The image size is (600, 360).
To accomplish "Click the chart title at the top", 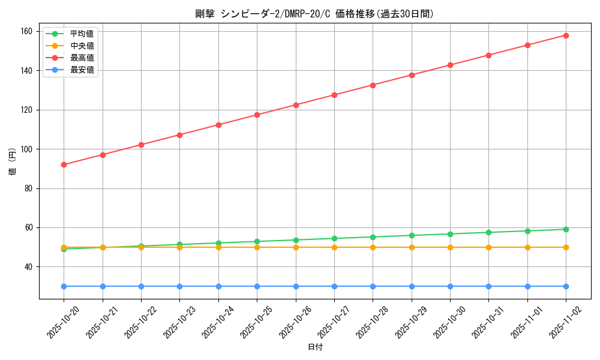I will (314, 14).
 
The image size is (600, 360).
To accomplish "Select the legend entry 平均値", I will (82, 34).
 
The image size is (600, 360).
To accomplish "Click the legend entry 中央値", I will (82, 46).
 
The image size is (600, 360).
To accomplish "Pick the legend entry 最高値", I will (82, 58).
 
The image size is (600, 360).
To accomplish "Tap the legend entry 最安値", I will (82, 70).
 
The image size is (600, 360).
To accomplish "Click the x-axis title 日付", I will (314, 347).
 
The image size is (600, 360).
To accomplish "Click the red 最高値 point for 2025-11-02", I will (566, 35).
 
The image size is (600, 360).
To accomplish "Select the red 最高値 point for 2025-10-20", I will (64, 164).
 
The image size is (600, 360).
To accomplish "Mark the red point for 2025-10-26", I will (296, 105).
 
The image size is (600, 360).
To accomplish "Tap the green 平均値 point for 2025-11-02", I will (566, 229).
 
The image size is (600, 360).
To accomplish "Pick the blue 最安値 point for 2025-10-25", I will (257, 286).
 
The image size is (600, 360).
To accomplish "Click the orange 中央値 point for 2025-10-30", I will (450, 247).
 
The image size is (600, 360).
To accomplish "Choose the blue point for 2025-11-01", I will (527, 286).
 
